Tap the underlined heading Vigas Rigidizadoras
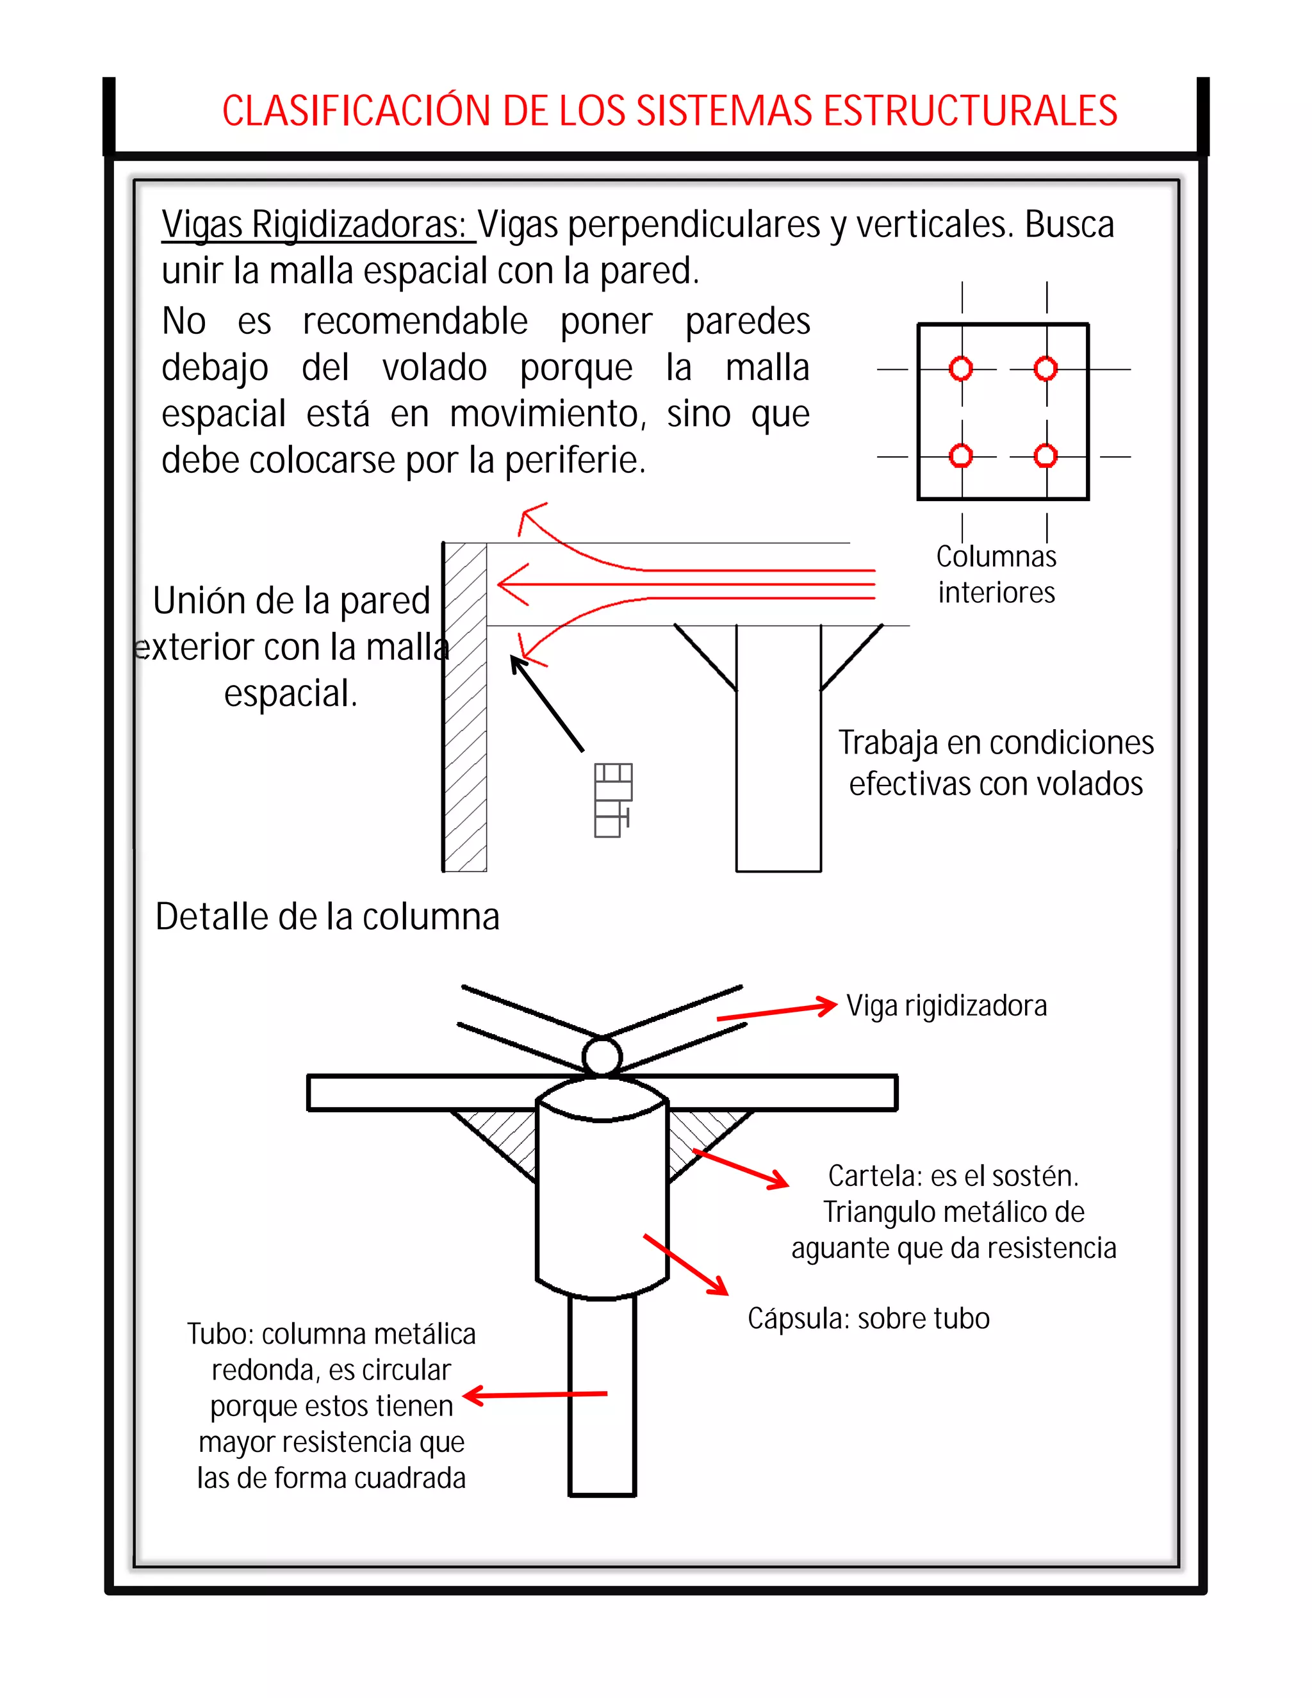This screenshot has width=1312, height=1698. [314, 225]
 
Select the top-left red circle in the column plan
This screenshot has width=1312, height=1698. [961, 368]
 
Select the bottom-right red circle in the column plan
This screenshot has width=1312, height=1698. [1045, 456]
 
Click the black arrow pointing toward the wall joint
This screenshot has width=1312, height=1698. [546, 703]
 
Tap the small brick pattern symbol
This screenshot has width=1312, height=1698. [612, 800]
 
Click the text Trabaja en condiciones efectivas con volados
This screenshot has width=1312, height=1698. [996, 762]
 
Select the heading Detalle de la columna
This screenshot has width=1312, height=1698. [327, 917]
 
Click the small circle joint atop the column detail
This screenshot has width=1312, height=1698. [602, 1057]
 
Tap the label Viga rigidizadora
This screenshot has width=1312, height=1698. [946, 1006]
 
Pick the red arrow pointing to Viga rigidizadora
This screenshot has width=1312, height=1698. [776, 1012]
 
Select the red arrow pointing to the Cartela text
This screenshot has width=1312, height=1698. [741, 1169]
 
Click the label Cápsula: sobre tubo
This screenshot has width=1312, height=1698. [868, 1319]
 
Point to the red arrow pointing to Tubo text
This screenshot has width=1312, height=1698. [535, 1396]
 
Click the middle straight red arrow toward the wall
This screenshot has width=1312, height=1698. [684, 584]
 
